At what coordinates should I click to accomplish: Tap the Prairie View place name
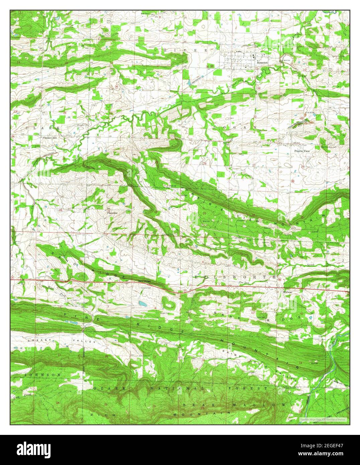[302, 151]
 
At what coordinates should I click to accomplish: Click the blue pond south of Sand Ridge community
[143, 304]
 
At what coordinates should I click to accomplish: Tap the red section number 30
[109, 162]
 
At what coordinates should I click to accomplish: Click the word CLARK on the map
[43, 128]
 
